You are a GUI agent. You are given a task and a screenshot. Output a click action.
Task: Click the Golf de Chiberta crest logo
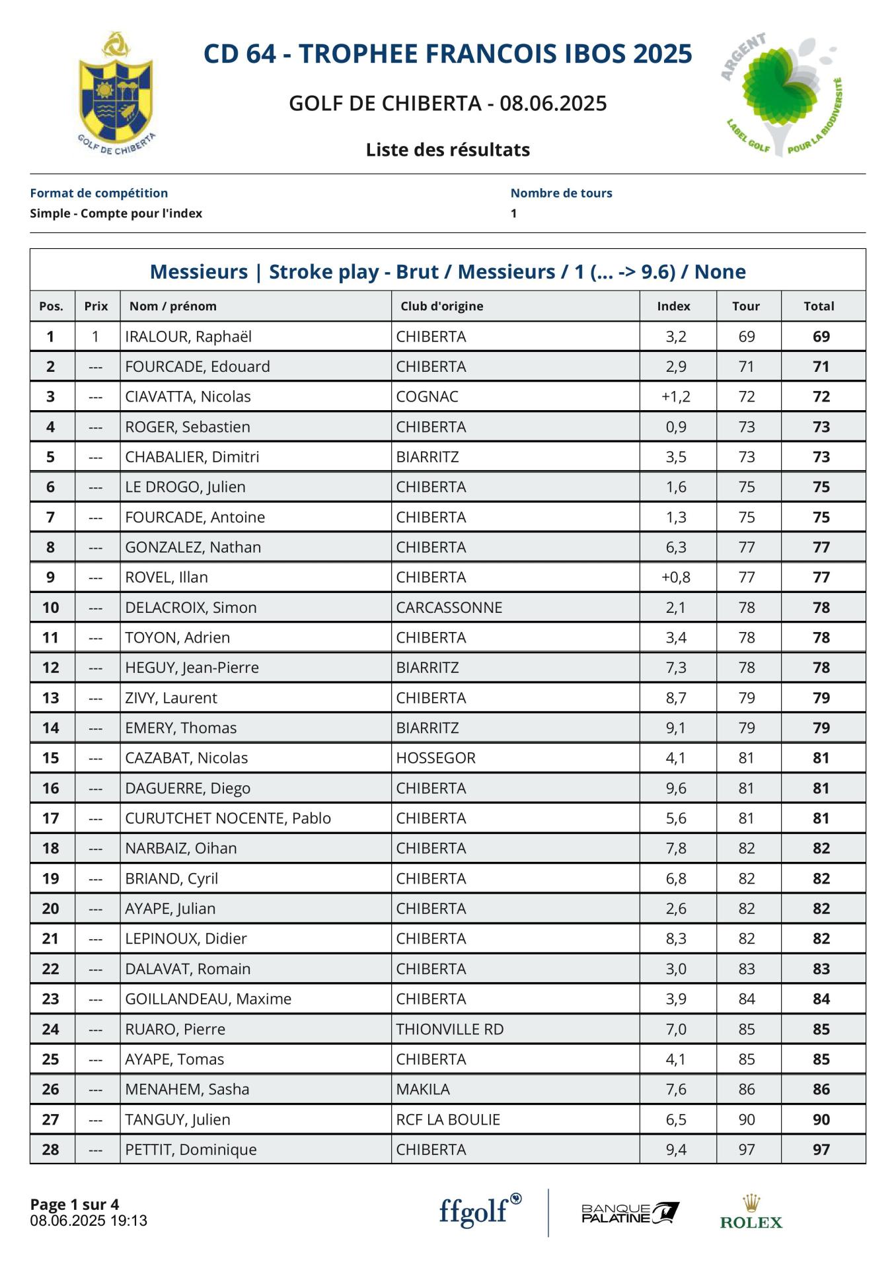[x=116, y=92]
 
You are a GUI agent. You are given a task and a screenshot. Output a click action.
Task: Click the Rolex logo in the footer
[x=751, y=1213]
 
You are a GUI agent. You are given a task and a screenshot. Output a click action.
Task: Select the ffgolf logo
[x=480, y=1211]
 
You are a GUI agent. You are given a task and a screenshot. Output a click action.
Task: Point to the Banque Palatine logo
[x=630, y=1213]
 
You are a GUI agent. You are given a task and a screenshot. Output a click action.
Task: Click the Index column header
[x=673, y=306]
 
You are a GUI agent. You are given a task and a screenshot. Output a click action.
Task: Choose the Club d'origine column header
[x=441, y=306]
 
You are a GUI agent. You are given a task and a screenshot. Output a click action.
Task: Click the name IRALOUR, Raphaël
[x=188, y=337]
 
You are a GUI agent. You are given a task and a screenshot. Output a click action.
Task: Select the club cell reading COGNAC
[x=427, y=397]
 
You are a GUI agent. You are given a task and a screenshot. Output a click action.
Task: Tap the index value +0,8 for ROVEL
[x=675, y=578]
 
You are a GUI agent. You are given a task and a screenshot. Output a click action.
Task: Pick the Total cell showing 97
[x=821, y=1150]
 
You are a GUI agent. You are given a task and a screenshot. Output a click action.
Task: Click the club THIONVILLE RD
[x=449, y=1030]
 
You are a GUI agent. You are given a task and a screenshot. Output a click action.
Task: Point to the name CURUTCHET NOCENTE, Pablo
[x=228, y=819]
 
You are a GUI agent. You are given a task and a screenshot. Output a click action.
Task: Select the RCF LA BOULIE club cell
[x=448, y=1120]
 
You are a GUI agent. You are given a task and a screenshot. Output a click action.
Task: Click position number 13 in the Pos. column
[x=51, y=698]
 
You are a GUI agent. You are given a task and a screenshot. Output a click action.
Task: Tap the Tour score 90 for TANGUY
[x=746, y=1120]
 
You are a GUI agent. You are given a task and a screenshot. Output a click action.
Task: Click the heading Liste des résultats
[x=448, y=150]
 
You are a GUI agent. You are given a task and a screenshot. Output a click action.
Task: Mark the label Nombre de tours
[x=561, y=194]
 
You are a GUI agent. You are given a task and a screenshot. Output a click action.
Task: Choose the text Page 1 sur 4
[x=75, y=1205]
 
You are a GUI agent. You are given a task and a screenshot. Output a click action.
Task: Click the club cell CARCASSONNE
[x=449, y=608]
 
